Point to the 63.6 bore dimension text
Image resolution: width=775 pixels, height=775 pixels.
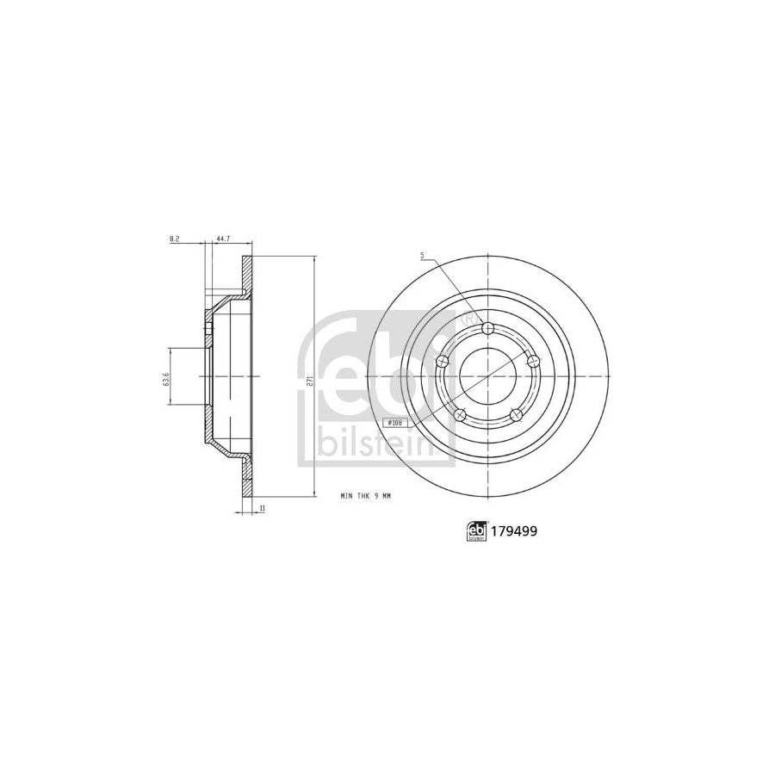(x=165, y=376)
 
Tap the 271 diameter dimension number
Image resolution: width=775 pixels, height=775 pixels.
(x=308, y=376)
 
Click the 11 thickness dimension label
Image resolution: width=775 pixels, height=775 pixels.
(x=261, y=508)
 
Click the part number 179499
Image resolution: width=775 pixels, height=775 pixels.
(x=514, y=533)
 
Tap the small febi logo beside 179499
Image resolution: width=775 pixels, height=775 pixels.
(x=474, y=533)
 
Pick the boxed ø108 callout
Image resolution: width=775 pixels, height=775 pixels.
(x=395, y=423)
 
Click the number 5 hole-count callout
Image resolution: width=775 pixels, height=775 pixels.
(x=423, y=255)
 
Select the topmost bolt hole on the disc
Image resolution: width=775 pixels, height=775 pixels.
(x=488, y=328)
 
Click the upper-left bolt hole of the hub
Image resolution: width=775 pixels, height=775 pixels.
(x=443, y=361)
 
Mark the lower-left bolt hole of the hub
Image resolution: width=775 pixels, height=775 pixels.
(x=461, y=414)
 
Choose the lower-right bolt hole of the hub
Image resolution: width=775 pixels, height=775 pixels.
(x=516, y=414)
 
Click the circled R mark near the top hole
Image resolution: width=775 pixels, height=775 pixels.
(x=469, y=318)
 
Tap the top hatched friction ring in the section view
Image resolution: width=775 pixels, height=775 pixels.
(x=247, y=276)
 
